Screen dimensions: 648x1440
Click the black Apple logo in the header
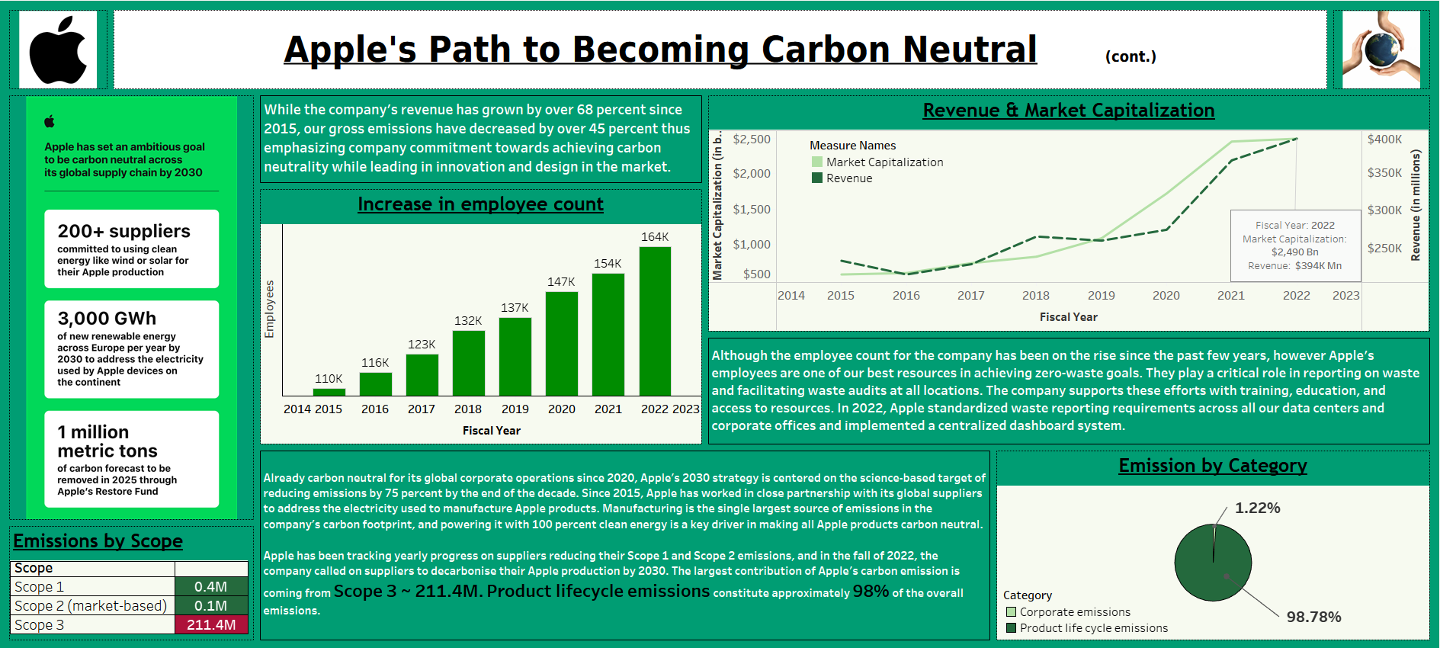tap(58, 50)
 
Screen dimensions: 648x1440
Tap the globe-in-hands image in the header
tap(1381, 50)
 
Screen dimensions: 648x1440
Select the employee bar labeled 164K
tap(655, 320)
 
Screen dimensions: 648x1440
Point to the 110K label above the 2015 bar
tap(329, 379)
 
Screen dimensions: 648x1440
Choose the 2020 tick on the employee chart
tap(562, 409)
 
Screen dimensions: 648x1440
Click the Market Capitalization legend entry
tap(884, 162)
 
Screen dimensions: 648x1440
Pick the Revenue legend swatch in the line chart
tap(817, 178)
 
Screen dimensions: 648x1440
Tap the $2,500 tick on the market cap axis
tap(751, 140)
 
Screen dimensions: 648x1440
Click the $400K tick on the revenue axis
tap(1384, 140)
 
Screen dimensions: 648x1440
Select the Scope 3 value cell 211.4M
tap(211, 625)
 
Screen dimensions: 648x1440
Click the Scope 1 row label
tap(40, 587)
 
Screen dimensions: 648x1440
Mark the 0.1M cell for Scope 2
tap(211, 606)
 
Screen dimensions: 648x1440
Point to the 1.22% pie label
tap(1257, 508)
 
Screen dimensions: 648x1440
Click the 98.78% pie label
tap(1313, 618)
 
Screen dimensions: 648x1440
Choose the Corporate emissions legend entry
tap(1075, 612)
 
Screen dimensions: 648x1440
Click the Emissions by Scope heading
tap(98, 541)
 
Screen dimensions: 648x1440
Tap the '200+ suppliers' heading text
tap(123, 231)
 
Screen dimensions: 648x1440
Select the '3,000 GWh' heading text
tap(107, 319)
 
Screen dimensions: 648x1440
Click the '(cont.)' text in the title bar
tap(1131, 56)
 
